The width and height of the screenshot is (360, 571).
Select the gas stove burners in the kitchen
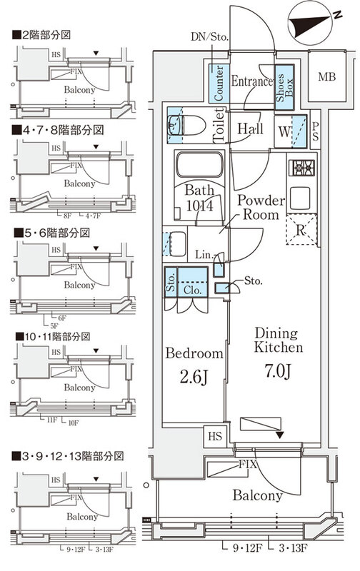pyautogui.click(x=301, y=168)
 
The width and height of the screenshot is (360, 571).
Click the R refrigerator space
pyautogui.click(x=300, y=230)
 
